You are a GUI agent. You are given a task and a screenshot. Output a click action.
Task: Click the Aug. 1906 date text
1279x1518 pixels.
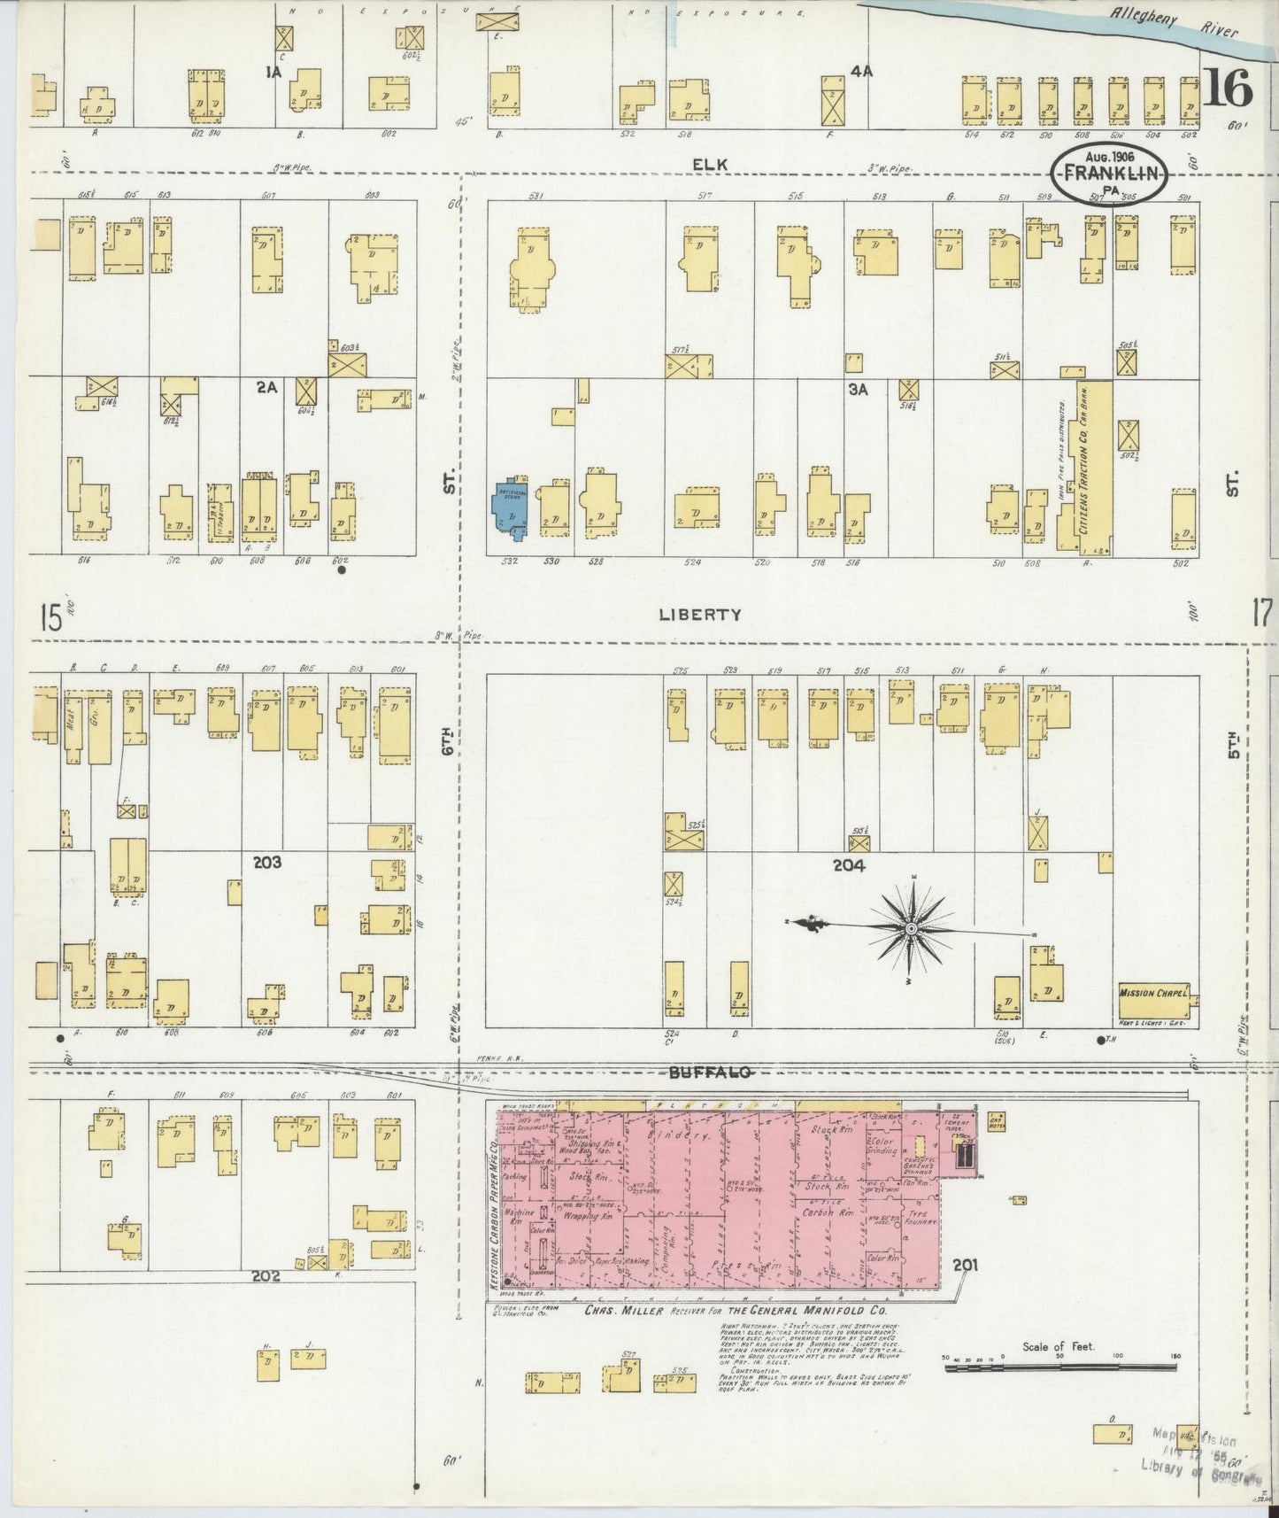click(x=1110, y=156)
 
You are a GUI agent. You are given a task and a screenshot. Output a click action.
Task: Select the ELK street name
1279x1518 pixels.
click(x=706, y=164)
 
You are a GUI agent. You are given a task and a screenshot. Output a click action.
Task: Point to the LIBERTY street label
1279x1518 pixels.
click(x=699, y=614)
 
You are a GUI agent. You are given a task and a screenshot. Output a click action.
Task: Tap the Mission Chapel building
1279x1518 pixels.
click(x=1152, y=993)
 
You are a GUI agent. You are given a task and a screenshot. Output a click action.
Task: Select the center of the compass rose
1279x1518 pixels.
click(x=911, y=927)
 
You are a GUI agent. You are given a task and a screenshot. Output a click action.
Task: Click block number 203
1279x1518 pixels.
click(x=267, y=861)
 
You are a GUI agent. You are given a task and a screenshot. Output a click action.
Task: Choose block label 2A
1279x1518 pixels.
click(x=266, y=387)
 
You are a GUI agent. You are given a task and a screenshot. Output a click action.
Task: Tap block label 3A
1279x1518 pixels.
click(x=856, y=389)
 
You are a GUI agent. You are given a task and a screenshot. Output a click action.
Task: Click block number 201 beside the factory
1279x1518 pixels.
click(x=965, y=1266)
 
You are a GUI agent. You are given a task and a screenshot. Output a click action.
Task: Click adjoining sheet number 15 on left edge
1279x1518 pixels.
click(x=50, y=617)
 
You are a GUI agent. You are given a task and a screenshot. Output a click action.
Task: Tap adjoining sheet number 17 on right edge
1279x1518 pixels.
click(x=1260, y=612)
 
